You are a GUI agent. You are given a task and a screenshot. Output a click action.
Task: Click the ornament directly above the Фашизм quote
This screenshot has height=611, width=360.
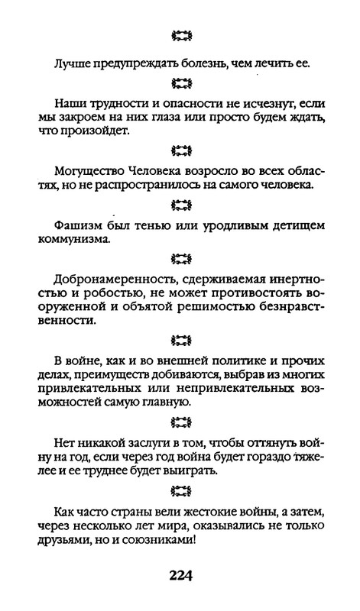pyautogui.click(x=180, y=205)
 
